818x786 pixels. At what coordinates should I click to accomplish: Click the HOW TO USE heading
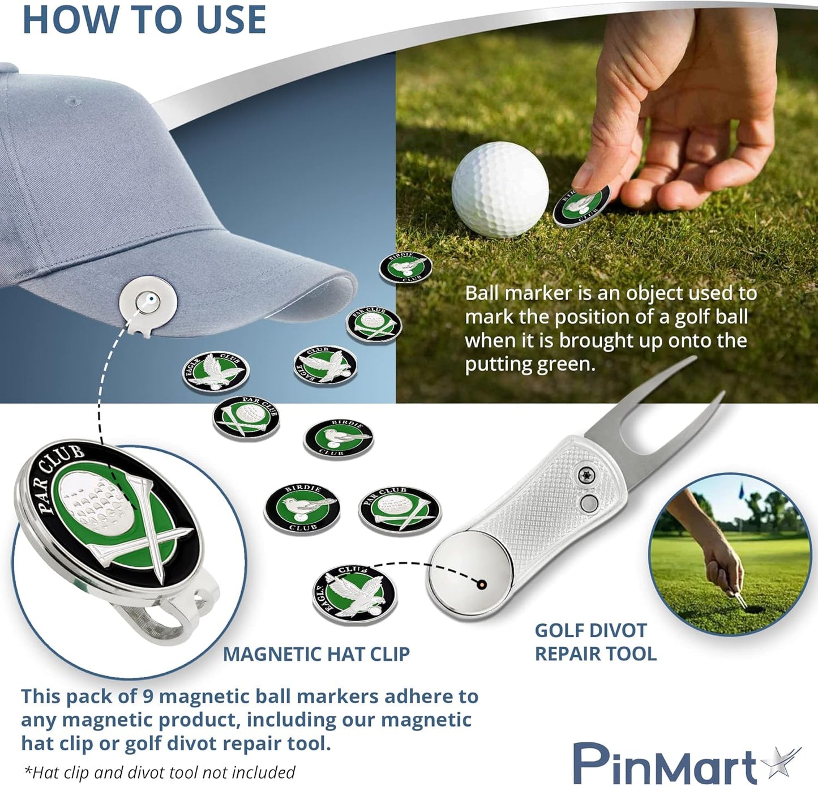[x=144, y=19]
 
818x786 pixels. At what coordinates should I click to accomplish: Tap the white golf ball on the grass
[x=500, y=189]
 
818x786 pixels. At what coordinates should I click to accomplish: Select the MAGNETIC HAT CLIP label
[x=316, y=654]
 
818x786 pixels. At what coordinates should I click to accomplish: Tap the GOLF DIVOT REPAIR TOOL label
[x=595, y=642]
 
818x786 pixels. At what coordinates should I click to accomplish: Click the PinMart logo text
[x=665, y=764]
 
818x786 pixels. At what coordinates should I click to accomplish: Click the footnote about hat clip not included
[x=159, y=772]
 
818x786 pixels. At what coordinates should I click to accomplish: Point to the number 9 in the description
[x=148, y=696]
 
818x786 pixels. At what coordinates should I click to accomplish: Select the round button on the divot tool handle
[x=588, y=502]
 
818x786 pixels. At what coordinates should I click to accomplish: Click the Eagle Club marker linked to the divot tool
[x=355, y=595]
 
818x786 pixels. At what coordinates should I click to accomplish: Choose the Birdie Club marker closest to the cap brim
[x=405, y=268]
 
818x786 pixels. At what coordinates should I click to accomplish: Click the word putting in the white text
[x=499, y=364]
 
